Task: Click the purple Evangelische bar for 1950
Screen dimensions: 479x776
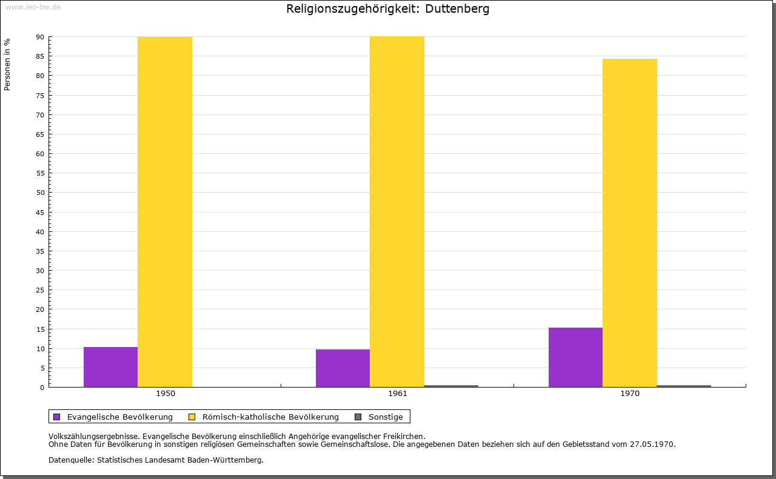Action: click(110, 367)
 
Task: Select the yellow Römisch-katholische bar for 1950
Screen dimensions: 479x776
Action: click(165, 212)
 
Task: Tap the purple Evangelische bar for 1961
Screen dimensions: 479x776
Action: click(343, 368)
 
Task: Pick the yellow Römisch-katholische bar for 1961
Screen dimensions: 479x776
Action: click(397, 212)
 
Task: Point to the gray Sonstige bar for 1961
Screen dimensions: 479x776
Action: click(451, 386)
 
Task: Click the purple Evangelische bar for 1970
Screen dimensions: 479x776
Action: click(575, 357)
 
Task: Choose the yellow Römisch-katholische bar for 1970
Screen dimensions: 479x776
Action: click(629, 223)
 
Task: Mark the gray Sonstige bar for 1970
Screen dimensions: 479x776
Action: click(684, 386)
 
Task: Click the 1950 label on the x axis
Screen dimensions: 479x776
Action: click(166, 394)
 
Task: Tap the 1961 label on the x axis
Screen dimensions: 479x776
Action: click(398, 394)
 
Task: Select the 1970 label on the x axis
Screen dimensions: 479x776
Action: click(630, 394)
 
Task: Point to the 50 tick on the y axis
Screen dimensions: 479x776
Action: click(40, 193)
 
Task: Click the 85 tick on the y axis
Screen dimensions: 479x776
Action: click(40, 56)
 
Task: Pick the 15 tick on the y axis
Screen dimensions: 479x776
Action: click(40, 329)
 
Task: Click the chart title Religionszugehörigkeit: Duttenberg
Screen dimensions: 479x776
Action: click(388, 9)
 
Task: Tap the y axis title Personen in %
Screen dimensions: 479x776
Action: click(7, 64)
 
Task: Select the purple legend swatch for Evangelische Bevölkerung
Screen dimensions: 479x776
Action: click(57, 417)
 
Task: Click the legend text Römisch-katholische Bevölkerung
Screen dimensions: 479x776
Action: click(270, 417)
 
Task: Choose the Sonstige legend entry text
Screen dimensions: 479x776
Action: click(386, 417)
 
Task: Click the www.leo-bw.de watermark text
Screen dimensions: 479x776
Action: click(33, 6)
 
